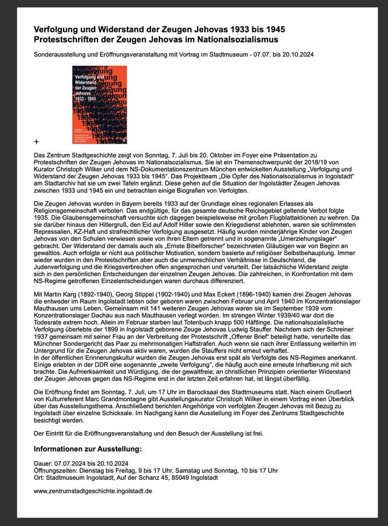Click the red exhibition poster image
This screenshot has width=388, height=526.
92,105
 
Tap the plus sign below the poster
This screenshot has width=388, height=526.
36,141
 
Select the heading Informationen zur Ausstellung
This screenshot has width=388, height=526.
87,449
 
